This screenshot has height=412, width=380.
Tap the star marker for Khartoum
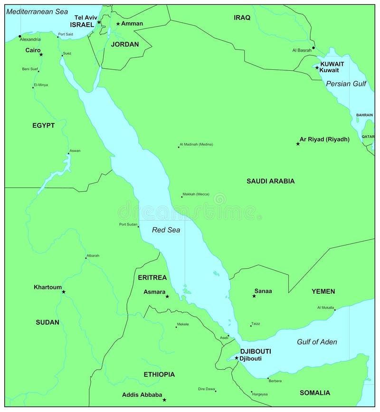(64, 291)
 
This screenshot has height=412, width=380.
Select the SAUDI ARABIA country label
(270, 181)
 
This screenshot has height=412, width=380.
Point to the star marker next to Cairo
(41, 55)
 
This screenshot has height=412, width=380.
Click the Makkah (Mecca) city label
(196, 194)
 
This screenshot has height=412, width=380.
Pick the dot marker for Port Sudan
(138, 227)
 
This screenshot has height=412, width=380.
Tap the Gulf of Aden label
(317, 342)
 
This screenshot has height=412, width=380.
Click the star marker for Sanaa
(254, 296)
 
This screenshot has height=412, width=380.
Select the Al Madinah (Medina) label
(196, 144)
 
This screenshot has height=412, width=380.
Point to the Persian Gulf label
(346, 84)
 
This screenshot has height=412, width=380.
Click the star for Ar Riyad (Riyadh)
(298, 143)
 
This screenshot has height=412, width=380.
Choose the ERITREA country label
(152, 277)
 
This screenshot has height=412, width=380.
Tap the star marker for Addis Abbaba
(164, 400)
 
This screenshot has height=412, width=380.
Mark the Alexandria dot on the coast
(20, 36)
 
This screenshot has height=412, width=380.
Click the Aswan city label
(75, 150)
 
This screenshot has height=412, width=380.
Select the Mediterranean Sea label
(37, 11)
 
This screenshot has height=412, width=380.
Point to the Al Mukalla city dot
(334, 310)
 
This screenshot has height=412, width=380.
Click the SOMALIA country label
(314, 393)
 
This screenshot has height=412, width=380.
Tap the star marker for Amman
(118, 24)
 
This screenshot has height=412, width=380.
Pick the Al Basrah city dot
(313, 47)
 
